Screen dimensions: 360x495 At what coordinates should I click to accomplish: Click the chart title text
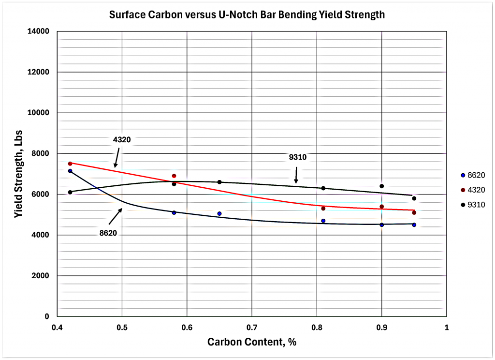247,15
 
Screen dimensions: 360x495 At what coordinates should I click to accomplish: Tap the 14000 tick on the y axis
40,31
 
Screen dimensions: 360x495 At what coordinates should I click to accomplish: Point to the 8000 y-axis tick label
42,153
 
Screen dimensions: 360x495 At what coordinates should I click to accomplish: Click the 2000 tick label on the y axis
42,276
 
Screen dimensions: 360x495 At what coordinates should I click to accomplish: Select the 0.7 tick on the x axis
252,328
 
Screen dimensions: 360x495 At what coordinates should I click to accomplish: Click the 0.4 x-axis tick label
57,328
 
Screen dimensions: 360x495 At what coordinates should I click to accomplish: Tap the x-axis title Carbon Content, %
251,342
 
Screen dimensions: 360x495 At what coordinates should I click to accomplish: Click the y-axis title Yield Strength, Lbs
18,174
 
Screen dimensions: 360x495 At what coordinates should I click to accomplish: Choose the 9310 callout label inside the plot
298,157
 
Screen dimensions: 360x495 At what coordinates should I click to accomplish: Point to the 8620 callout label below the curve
108,233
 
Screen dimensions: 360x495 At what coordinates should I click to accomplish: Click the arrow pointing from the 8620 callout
115,216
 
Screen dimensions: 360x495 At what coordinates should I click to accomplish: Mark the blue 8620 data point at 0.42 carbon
70,171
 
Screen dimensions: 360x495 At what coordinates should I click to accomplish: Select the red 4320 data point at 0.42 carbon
70,164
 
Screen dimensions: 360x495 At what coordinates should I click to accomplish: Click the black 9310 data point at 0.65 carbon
219,182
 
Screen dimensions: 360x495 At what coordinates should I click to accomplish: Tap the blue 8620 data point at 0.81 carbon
323,221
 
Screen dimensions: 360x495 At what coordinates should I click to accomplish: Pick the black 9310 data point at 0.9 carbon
382,186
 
